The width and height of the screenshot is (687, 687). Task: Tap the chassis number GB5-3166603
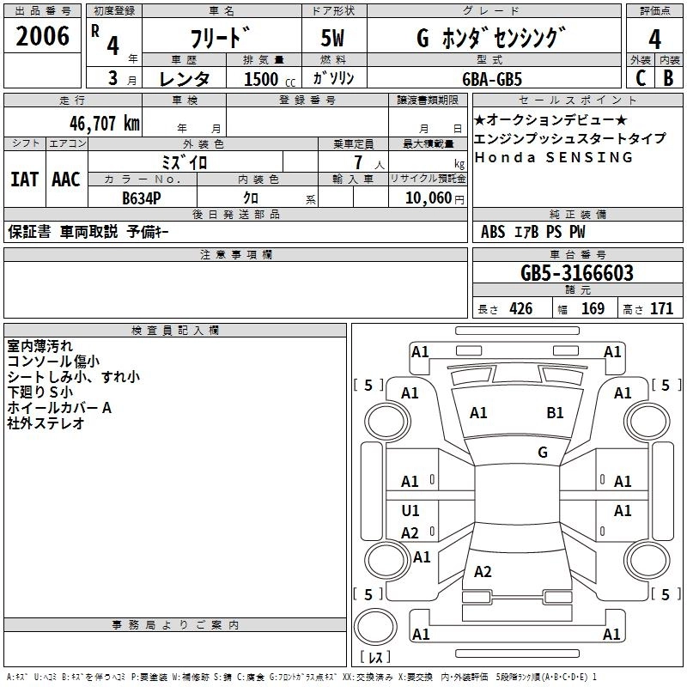577,273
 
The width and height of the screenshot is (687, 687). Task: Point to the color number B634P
142,198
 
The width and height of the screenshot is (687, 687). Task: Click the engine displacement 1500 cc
263,79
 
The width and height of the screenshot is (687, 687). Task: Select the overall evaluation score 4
654,39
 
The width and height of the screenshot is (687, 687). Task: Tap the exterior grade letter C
641,78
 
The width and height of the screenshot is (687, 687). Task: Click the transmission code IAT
24,179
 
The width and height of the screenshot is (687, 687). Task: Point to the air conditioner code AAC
66,179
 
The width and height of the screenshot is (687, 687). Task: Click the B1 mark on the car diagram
556,413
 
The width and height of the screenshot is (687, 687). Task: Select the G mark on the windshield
543,453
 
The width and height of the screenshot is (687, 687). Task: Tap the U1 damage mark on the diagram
410,511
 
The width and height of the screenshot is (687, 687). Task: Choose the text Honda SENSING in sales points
554,157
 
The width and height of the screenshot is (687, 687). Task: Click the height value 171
661,309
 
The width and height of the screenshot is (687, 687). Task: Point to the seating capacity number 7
356,162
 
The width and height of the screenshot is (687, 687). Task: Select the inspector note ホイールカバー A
59,408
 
